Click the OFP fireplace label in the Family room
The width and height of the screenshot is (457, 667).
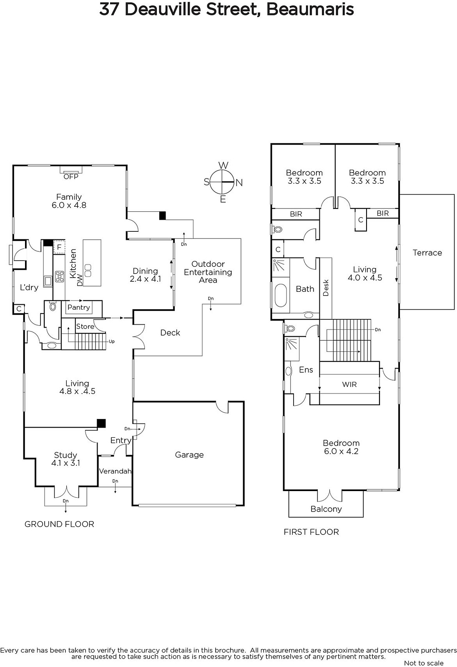[x=71, y=177]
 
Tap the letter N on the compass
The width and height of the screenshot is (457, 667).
[x=239, y=183]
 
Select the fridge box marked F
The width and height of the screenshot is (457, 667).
[x=59, y=247]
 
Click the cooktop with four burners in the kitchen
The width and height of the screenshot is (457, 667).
[x=60, y=277]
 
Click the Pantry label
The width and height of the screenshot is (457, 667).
[x=79, y=307]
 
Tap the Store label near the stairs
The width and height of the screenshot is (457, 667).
[x=85, y=326]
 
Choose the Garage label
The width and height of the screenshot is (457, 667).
[x=189, y=455]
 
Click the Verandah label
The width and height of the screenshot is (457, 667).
[x=115, y=471]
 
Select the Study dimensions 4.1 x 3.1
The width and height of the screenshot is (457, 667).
[x=65, y=463]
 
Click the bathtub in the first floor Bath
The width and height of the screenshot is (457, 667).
[x=281, y=296]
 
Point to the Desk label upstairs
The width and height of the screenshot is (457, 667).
[x=326, y=288]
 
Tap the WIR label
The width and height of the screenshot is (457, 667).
[x=349, y=384]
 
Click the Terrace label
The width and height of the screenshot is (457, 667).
[x=427, y=253]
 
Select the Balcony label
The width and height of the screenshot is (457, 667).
[x=326, y=509]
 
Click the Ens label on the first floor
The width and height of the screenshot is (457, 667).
[x=306, y=370]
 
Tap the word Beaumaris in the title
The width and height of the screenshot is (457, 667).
[x=310, y=10]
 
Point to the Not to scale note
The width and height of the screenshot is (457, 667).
[x=424, y=663]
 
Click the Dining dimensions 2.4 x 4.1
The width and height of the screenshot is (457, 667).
[x=146, y=279]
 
